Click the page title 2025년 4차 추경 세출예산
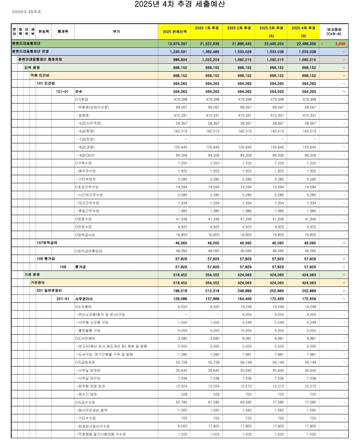click(180, 4)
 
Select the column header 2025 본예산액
click(175, 32)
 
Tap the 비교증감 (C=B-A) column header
click(334, 32)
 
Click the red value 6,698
click(340, 44)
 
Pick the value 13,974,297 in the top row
click(177, 44)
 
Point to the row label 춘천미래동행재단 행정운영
click(40, 60)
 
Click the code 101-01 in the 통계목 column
click(62, 92)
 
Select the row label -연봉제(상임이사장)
click(92, 107)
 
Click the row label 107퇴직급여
click(47, 243)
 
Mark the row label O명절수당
click(83, 219)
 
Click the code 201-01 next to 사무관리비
click(63, 299)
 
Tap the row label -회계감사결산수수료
click(93, 426)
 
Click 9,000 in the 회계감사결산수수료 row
click(182, 426)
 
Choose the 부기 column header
click(116, 32)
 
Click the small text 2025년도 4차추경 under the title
click(26, 12)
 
